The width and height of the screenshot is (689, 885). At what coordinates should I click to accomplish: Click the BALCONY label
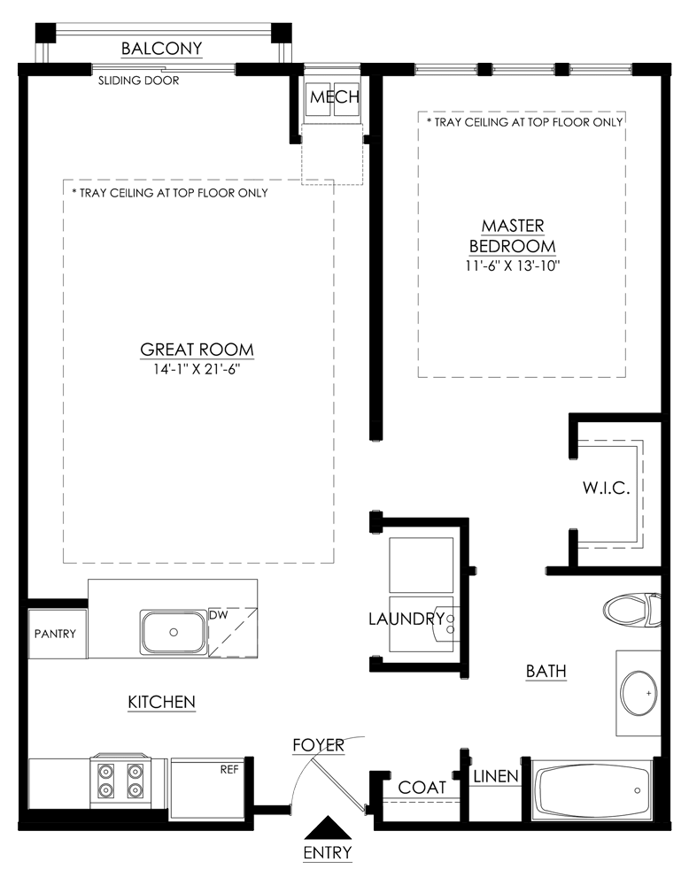tap(161, 49)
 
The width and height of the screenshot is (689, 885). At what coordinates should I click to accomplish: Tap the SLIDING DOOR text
tap(138, 81)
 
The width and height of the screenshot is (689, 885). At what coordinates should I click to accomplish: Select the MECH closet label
tap(335, 97)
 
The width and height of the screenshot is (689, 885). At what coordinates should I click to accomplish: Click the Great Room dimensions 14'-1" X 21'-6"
tap(197, 370)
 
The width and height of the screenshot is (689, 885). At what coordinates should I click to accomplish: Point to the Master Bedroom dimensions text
tap(513, 265)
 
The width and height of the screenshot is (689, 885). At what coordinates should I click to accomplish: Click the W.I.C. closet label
tap(606, 489)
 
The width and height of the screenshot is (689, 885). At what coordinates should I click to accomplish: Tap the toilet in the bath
tap(631, 610)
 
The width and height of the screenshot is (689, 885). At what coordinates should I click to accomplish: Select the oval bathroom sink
tap(639, 693)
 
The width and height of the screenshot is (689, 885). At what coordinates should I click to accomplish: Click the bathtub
tap(592, 790)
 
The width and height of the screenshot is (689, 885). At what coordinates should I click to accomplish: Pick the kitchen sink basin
tap(174, 632)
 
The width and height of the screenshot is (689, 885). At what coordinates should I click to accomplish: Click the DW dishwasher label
tap(218, 615)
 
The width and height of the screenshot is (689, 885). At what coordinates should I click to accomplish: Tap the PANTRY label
tap(55, 634)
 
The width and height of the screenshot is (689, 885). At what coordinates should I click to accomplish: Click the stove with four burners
tap(120, 781)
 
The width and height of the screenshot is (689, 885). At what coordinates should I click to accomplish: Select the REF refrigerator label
tap(229, 769)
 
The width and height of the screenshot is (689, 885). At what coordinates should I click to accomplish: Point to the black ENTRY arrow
tap(329, 827)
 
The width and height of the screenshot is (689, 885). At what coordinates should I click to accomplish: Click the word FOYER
tap(319, 745)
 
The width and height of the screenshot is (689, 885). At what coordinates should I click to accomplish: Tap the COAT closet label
tap(422, 788)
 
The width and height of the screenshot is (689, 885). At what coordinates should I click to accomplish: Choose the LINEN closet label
tap(496, 776)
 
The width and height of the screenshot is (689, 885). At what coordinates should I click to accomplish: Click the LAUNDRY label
tap(406, 619)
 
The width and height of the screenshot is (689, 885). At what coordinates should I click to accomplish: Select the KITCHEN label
tap(161, 702)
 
